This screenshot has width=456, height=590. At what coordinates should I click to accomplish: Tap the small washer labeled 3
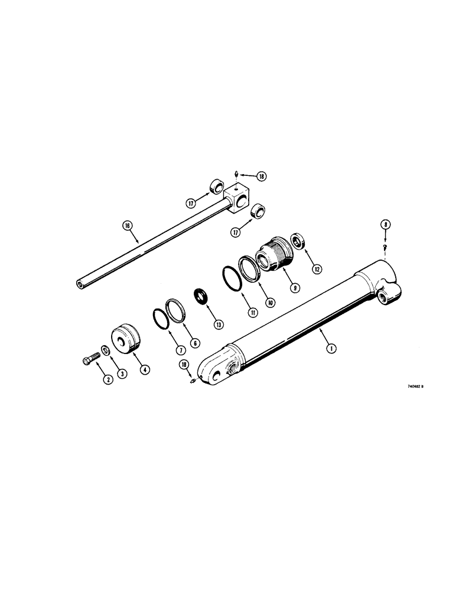pos(105,352)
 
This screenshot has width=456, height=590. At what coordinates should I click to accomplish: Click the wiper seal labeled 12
pos(298,241)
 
